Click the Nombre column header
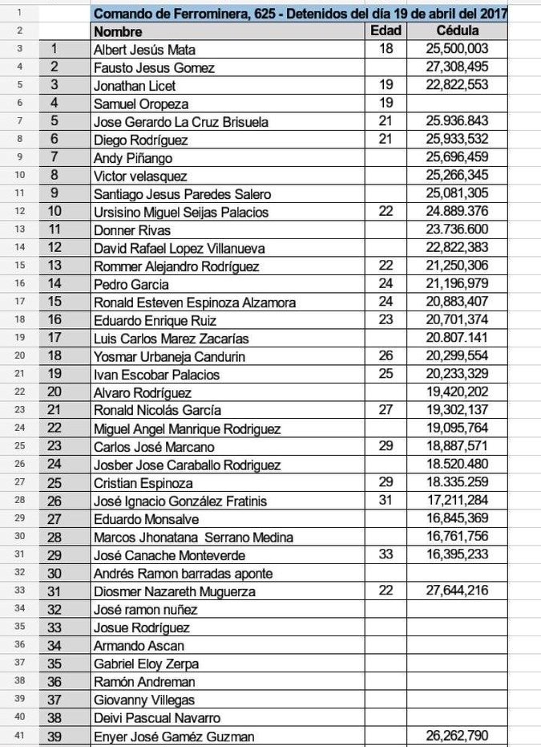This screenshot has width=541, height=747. [x=118, y=32]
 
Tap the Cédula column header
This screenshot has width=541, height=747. [x=458, y=31]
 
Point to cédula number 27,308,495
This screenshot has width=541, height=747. [x=458, y=67]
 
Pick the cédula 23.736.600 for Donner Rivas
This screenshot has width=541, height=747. [x=458, y=230]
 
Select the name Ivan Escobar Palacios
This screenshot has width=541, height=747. [x=157, y=375]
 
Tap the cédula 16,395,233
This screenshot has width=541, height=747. [x=458, y=555]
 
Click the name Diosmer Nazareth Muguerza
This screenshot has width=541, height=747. [x=174, y=592]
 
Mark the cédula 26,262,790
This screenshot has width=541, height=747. [x=458, y=736]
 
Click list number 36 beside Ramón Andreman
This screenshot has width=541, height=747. [x=54, y=682]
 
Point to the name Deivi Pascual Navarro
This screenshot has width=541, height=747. [x=157, y=718]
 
